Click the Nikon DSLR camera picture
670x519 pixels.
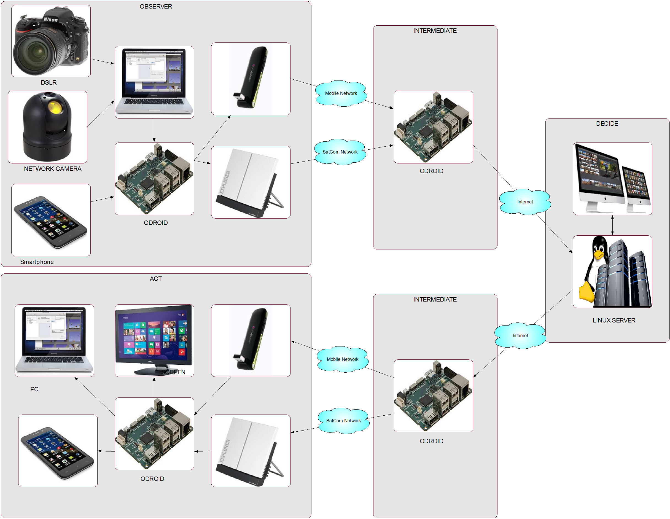click(x=51, y=41)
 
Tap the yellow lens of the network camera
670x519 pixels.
click(x=55, y=108)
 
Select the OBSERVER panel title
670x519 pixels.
click(x=156, y=6)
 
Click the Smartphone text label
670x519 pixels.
click(x=37, y=262)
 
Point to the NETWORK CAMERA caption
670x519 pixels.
click(x=53, y=169)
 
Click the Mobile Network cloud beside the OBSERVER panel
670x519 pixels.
click(x=341, y=93)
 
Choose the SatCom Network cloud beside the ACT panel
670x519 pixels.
click(x=343, y=421)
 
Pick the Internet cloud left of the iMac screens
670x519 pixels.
click(x=525, y=202)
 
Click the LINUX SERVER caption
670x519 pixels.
click(x=614, y=320)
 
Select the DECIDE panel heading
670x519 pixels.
click(x=607, y=123)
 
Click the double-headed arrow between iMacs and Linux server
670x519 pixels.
click(x=613, y=225)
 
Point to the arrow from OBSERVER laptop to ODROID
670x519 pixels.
click(x=154, y=130)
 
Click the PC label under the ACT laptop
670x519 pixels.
click(x=34, y=389)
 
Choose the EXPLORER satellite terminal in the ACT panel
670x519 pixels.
click(x=251, y=451)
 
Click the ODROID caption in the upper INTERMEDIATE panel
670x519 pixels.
click(x=431, y=171)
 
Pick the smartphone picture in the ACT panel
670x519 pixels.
click(x=58, y=451)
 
